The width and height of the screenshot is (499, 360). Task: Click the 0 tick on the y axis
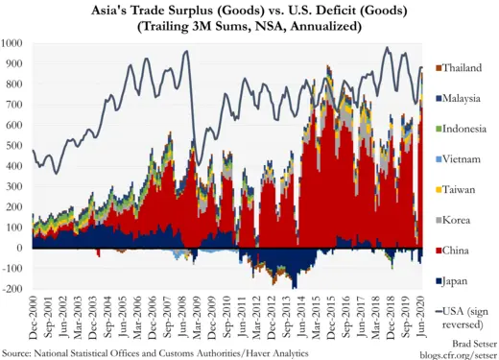pos(22,248)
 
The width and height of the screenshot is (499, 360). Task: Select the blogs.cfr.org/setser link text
pos(457,353)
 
